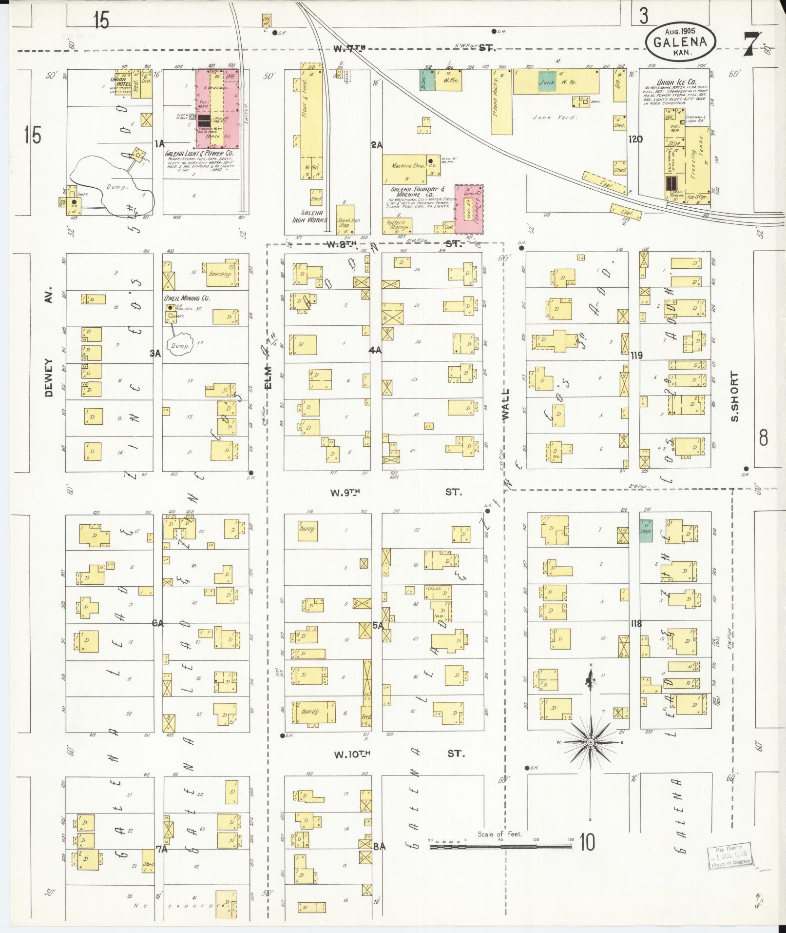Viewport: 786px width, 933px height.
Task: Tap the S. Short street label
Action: tap(735, 397)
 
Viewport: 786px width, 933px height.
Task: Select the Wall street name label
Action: tap(505, 404)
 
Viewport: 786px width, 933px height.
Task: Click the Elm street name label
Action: tap(268, 378)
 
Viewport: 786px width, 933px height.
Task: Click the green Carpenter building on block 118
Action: tap(646, 529)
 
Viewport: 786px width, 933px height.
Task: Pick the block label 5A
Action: tap(378, 625)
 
